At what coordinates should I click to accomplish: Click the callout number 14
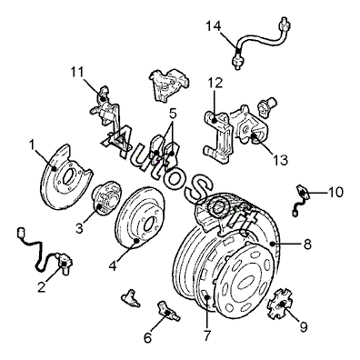[x=215, y=26]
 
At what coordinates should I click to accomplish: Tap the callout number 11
[x=77, y=72]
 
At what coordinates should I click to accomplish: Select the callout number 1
[x=32, y=145]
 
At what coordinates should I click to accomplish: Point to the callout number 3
[x=79, y=228]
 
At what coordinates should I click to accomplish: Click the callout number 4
[x=113, y=266]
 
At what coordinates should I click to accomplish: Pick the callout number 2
[x=41, y=286]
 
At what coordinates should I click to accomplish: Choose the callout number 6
[x=147, y=337]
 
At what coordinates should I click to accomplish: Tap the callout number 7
[x=207, y=335]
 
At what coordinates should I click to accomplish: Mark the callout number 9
[x=304, y=326]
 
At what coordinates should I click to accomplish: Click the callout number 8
[x=307, y=245]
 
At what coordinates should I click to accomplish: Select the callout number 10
[x=335, y=192]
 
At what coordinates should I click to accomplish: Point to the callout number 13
[x=280, y=160]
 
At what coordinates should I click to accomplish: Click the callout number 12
[x=215, y=83]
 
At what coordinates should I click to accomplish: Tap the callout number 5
[x=172, y=114]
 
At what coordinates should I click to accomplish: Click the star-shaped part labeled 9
[x=281, y=304]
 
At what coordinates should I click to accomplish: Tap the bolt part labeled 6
[x=168, y=311]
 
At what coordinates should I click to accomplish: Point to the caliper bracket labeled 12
[x=219, y=136]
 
